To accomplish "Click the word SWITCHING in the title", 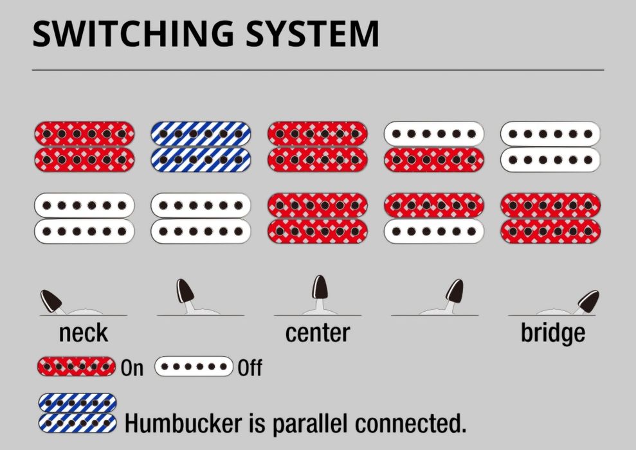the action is point(133,33).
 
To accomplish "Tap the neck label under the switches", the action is point(84,333).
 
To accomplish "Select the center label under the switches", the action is point(318,333).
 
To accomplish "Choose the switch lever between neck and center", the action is point(186,295).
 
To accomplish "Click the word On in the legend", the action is point(132,368).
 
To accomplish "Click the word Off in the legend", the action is point(250,368).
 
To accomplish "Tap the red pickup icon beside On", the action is point(77,367).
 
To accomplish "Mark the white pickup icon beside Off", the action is point(194,367).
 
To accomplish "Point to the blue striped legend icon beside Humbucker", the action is point(77,413).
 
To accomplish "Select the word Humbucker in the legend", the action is point(183,423).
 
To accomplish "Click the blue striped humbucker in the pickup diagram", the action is point(201,147).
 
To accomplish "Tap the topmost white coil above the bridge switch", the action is point(550,134).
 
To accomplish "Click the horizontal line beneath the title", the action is point(318,70).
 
